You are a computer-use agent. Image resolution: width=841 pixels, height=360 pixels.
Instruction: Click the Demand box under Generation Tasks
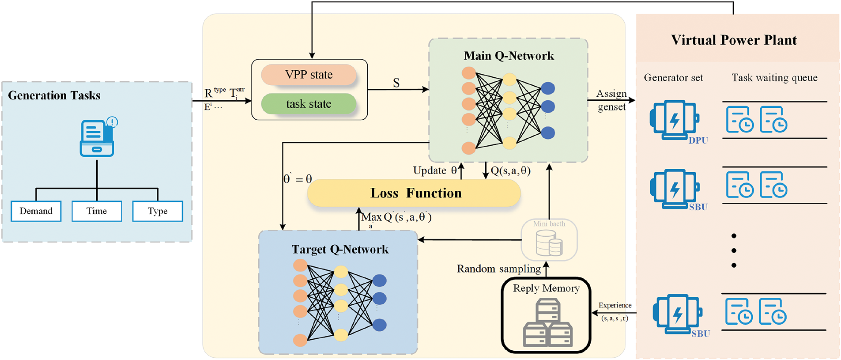click(36, 211)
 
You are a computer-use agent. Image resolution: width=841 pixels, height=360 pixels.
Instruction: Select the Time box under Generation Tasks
click(97, 211)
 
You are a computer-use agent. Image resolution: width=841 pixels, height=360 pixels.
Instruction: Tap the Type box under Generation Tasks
click(158, 211)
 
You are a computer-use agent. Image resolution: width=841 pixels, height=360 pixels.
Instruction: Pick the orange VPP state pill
click(309, 75)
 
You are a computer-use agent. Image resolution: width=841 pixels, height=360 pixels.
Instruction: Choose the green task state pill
click(309, 104)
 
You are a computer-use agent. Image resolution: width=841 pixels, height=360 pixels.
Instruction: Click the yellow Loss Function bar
click(414, 193)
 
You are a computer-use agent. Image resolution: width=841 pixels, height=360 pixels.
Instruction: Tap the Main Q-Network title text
click(509, 56)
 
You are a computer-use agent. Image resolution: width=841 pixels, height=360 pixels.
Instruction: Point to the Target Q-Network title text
click(340, 249)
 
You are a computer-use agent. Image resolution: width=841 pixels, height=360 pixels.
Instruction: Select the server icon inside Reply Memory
click(547, 322)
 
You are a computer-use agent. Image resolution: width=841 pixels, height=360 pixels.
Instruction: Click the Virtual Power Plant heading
click(734, 40)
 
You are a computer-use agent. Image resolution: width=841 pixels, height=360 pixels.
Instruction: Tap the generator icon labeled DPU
click(674, 120)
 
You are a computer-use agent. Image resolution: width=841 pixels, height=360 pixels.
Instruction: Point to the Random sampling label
click(498, 269)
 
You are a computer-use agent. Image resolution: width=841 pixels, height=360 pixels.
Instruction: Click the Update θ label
click(435, 171)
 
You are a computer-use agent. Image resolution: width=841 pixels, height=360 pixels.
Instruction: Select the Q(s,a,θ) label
click(511, 171)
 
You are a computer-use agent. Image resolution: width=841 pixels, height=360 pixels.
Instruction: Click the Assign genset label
click(611, 100)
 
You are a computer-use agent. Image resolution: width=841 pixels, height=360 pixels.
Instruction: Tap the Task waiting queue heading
click(774, 78)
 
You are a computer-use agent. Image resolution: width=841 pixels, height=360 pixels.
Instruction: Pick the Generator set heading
click(673, 78)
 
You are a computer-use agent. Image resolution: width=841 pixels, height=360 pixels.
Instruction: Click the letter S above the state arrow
click(396, 83)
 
